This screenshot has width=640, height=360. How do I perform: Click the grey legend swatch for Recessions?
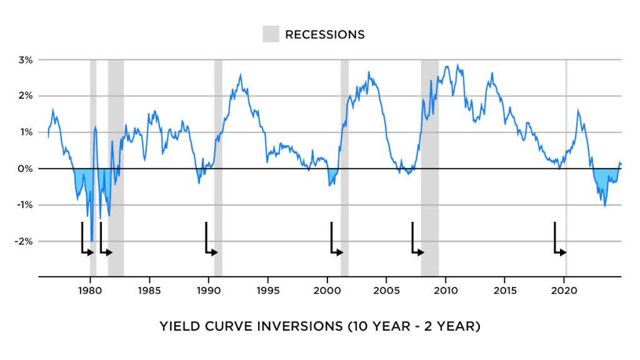271,34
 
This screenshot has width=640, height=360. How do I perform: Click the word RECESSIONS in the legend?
324,34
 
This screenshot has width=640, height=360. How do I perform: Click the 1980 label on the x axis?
90,290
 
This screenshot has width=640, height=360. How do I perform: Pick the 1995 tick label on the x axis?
267,290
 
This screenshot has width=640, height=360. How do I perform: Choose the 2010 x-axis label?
445,290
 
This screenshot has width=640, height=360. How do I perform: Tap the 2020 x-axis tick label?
564,290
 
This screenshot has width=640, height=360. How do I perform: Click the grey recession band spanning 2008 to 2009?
429,125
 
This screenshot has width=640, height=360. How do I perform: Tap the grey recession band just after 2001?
344,125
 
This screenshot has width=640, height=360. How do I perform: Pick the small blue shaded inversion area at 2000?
332,176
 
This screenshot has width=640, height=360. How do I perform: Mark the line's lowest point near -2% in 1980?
92,241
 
